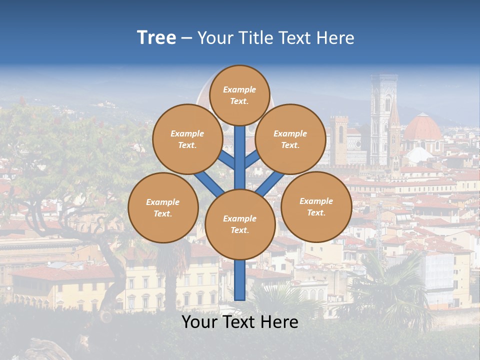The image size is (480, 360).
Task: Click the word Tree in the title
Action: coord(156,38)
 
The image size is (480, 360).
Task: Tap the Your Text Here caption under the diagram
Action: coord(240,322)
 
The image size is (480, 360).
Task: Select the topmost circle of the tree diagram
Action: coord(239,95)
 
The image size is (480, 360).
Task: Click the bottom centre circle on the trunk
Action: coord(240,224)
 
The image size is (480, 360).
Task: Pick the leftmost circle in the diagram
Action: coord(163,207)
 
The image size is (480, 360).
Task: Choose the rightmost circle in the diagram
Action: coord(316,206)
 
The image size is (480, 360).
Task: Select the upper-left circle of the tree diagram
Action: coord(187,139)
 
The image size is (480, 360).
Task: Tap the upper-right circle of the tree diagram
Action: coord(290,139)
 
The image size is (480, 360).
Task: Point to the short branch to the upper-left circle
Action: coord(226,160)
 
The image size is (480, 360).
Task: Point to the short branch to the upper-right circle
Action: coord(252,160)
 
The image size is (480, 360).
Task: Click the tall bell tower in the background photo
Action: coord(383,120)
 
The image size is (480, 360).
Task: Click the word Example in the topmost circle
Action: coord(239,89)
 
